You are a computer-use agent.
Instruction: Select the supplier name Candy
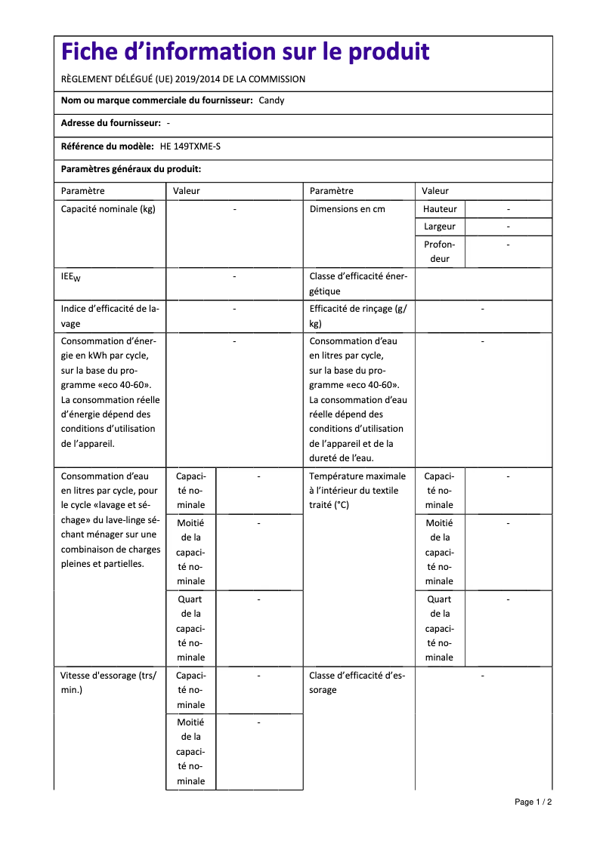point(271,100)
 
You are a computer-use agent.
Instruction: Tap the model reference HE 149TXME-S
point(190,146)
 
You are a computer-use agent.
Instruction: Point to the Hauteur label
point(440,209)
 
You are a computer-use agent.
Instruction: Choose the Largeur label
point(440,226)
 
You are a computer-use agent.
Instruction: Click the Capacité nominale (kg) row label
point(108,209)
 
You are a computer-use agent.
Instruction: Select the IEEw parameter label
point(70,277)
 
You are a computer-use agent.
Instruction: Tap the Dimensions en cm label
point(348,209)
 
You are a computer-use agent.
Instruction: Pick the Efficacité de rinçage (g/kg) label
point(357,316)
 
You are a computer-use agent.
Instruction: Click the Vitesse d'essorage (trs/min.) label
point(108,682)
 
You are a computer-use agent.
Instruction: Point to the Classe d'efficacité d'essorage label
point(357,682)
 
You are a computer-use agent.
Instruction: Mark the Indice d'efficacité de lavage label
point(110,316)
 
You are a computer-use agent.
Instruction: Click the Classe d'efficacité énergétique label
point(358,283)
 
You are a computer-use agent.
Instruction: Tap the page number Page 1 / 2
point(533,802)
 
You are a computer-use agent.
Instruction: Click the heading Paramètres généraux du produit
point(131,170)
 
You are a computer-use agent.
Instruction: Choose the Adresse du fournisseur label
point(110,123)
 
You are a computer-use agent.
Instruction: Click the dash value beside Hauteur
point(509,209)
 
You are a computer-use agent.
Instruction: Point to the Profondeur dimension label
point(440,251)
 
